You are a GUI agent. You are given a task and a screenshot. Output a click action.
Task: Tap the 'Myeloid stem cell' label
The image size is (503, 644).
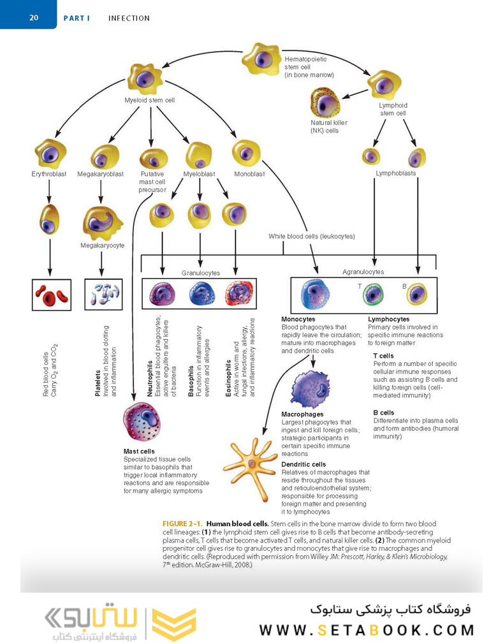pyautogui.click(x=149, y=100)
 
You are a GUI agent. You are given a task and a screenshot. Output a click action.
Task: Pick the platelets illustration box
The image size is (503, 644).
pyautogui.click(x=103, y=294)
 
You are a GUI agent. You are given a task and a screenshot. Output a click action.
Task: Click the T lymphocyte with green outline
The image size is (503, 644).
pyautogui.click(x=374, y=294)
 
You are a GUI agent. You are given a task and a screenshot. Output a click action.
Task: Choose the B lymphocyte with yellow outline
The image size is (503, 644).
pyautogui.click(x=418, y=294)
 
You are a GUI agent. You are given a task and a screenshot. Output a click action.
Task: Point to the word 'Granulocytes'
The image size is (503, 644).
pyautogui.click(x=200, y=273)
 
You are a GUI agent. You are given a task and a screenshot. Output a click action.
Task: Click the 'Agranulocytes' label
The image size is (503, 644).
pyautogui.click(x=363, y=272)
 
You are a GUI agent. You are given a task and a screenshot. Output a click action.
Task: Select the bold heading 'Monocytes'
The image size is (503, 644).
pyautogui.click(x=298, y=319)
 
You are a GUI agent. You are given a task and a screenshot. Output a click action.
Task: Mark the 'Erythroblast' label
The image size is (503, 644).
pyautogui.click(x=49, y=173)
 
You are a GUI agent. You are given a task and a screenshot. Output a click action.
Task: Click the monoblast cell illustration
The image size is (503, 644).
pyautogui.click(x=245, y=152)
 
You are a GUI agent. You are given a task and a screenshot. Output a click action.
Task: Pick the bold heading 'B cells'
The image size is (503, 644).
pyautogui.click(x=384, y=413)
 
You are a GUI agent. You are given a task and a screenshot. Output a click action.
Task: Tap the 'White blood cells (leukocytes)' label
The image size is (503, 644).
pyautogui.click(x=312, y=237)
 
